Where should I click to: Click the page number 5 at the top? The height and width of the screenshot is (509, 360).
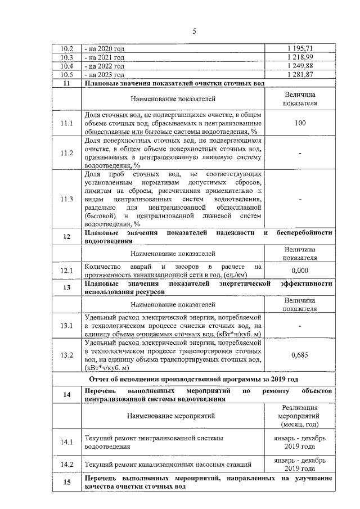[x=193, y=31]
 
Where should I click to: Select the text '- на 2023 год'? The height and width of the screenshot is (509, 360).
[x=104, y=74]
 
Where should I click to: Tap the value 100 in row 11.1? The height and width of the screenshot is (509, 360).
[x=300, y=123]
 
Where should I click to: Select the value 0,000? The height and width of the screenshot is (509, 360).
[x=300, y=271]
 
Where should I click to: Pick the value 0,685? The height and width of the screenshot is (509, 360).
[x=300, y=355]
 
